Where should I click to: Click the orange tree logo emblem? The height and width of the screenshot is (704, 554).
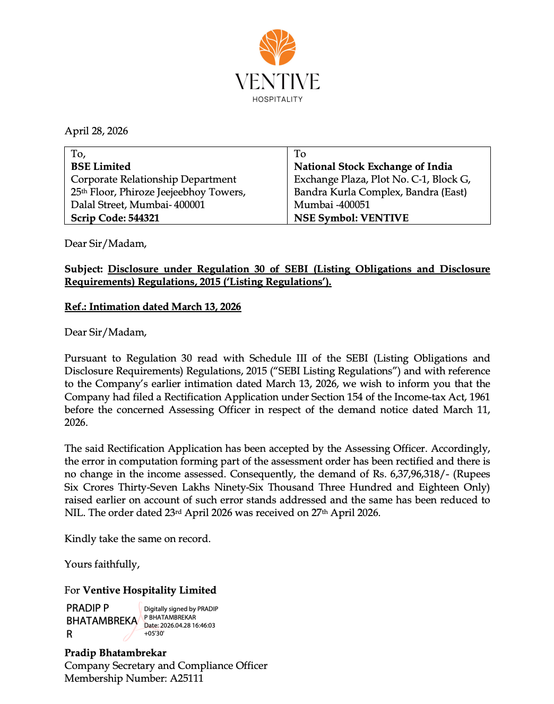click(x=277, y=48)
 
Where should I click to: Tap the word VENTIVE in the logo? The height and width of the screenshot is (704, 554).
click(x=277, y=82)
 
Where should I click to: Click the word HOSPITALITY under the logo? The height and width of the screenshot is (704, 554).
click(x=277, y=99)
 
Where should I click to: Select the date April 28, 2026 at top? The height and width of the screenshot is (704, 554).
click(x=96, y=131)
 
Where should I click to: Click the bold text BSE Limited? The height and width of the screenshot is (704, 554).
click(x=101, y=167)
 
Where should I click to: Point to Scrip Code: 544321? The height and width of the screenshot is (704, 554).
click(x=115, y=218)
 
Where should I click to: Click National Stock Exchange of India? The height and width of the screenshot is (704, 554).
click(x=373, y=167)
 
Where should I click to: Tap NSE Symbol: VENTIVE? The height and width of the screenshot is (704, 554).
click(x=351, y=218)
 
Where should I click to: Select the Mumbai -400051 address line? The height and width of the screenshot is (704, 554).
click(x=332, y=205)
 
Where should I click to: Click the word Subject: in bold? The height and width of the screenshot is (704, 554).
click(x=83, y=269)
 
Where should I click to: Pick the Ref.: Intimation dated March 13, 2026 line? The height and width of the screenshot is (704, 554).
click(x=153, y=307)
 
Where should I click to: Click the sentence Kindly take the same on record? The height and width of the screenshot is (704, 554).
click(x=137, y=539)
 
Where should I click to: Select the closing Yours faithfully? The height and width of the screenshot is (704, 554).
click(x=102, y=564)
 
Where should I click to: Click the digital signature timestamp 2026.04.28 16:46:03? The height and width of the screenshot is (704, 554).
click(x=187, y=625)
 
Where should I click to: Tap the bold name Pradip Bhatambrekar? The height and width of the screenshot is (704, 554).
click(x=115, y=653)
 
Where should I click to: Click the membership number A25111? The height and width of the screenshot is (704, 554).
click(x=186, y=679)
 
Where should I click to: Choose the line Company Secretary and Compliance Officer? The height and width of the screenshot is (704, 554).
click(x=166, y=666)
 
